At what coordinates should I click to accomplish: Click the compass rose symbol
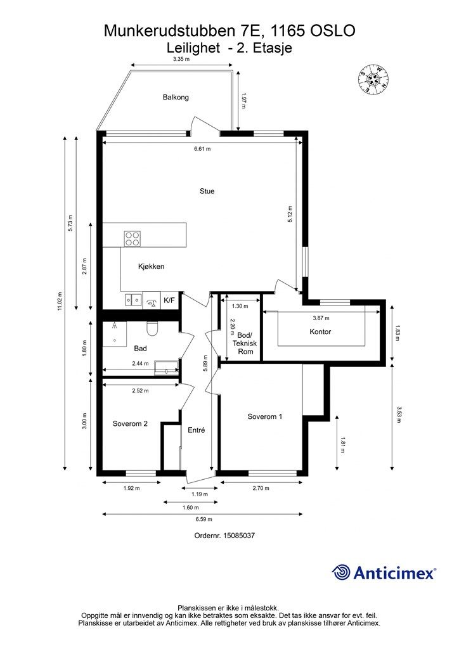click(x=374, y=79)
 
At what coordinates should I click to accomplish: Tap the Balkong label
click(x=176, y=97)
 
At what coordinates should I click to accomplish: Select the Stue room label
click(x=207, y=191)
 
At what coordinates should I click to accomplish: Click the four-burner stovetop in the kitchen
click(x=133, y=238)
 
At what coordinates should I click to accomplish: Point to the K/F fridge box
click(x=169, y=300)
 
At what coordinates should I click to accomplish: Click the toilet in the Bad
click(x=152, y=329)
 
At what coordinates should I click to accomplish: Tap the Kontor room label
click(x=320, y=331)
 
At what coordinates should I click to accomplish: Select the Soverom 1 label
click(x=265, y=416)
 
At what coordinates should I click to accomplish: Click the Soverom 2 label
click(x=130, y=424)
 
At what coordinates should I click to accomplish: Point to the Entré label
click(x=196, y=430)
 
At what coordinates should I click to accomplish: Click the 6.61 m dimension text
click(x=202, y=149)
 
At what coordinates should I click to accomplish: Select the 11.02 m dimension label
click(x=59, y=300)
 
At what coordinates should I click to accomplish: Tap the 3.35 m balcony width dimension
click(x=181, y=59)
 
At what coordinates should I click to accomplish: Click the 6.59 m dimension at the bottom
click(x=204, y=520)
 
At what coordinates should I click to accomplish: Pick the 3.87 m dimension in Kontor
click(x=321, y=318)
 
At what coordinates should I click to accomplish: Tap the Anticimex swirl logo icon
click(x=341, y=572)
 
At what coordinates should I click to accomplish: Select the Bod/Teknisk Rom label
click(x=245, y=343)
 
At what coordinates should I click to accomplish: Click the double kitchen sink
click(x=133, y=299)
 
